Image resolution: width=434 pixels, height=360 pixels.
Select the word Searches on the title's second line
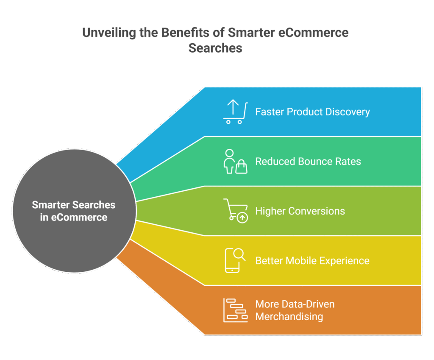click(x=215, y=48)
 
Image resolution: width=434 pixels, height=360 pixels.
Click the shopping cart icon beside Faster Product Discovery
click(x=234, y=112)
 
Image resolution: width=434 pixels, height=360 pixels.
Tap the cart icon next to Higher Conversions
click(x=235, y=211)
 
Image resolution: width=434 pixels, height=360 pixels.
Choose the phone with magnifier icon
click(x=235, y=260)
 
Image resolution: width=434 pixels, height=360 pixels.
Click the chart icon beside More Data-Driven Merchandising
click(x=235, y=310)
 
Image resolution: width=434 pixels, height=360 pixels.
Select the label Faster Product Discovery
click(x=312, y=112)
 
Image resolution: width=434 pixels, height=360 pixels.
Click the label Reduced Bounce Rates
click(x=308, y=162)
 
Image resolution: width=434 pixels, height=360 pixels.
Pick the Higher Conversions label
click(x=300, y=211)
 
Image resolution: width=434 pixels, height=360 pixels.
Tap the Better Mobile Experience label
click(x=312, y=260)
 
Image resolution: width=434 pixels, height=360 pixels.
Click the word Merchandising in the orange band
click(x=289, y=317)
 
